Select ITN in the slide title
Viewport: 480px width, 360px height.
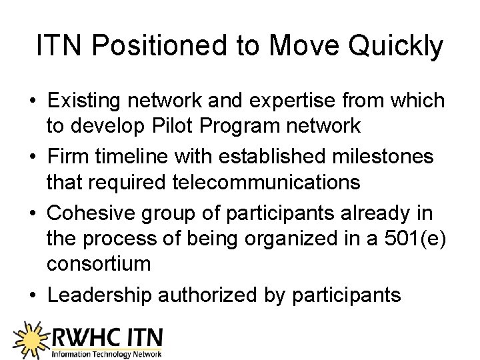(x=60, y=46)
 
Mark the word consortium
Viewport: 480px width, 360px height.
(x=99, y=263)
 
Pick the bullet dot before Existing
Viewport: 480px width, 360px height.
(x=32, y=101)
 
